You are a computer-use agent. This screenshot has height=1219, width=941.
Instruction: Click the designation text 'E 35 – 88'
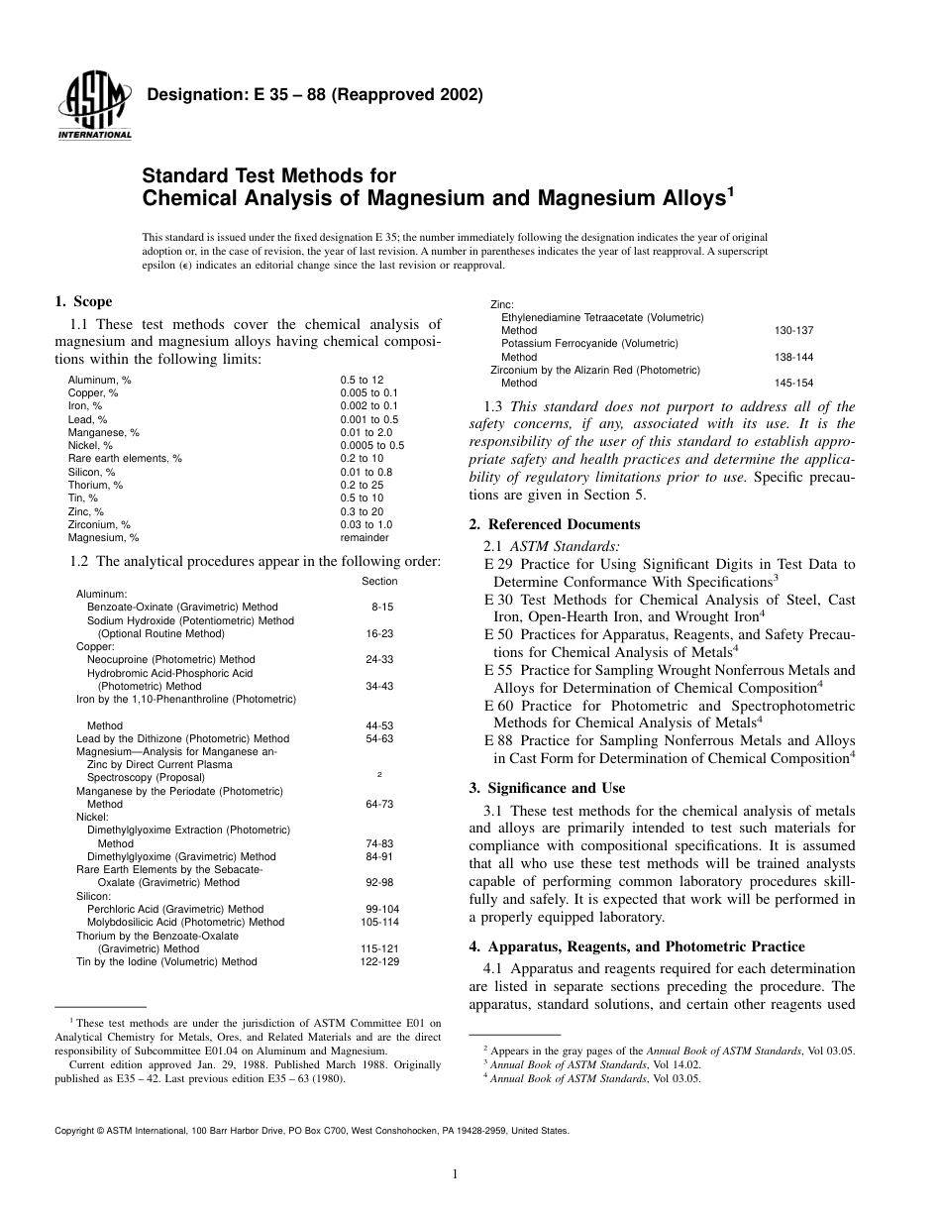(274, 96)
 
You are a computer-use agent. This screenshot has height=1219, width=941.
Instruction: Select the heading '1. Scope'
(83, 302)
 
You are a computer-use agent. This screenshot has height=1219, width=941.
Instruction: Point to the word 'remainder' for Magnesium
(365, 537)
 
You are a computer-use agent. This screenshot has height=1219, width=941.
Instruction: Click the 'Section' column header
(379, 581)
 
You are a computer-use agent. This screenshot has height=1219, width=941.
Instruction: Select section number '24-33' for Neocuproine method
(379, 659)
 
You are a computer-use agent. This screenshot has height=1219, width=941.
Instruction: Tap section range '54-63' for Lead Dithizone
(379, 738)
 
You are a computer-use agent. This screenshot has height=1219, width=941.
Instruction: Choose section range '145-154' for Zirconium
(793, 383)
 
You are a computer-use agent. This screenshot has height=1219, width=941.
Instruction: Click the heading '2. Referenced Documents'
(554, 524)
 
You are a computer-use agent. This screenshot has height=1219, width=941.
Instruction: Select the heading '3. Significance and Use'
(547, 788)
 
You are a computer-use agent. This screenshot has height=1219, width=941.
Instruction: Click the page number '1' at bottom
(454, 1174)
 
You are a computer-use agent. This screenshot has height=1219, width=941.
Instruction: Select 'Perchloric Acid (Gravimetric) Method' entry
(175, 909)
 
